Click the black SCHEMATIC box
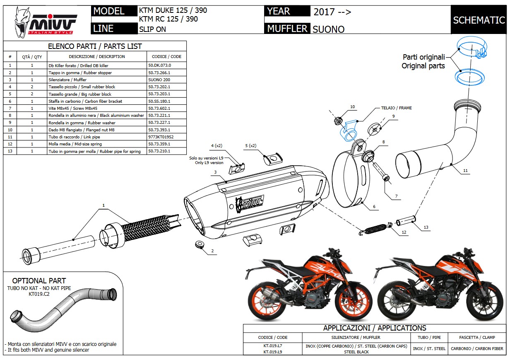click(479, 20)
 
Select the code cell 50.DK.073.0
click(159, 65)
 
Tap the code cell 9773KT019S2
click(161, 137)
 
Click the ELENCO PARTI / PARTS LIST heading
click(95, 46)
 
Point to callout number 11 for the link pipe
click(466, 171)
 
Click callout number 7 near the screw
click(396, 196)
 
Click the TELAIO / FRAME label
click(397, 108)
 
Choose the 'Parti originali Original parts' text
click(423, 61)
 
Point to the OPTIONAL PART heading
click(39, 280)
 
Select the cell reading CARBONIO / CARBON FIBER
click(476, 348)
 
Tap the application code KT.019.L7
click(272, 346)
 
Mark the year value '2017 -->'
click(332, 12)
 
